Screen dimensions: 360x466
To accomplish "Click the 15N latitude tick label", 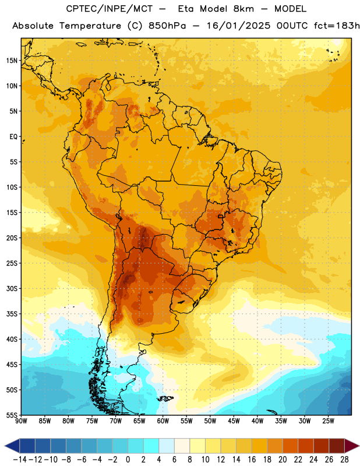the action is pyautogui.click(x=12, y=61).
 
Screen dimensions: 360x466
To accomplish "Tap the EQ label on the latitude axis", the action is pyautogui.click(x=13, y=137).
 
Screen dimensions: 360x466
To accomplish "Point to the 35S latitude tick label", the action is pyautogui.click(x=12, y=314).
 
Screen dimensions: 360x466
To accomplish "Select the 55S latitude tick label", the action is pyautogui.click(x=12, y=415).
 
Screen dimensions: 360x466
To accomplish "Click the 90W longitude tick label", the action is pyautogui.click(x=21, y=421).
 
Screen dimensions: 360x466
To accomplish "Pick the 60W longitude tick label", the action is pyautogui.click(x=163, y=421).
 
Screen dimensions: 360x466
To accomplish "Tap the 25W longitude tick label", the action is pyautogui.click(x=328, y=421).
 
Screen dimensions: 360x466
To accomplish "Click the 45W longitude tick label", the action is pyautogui.click(x=234, y=421).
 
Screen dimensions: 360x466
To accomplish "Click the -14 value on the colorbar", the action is pyautogui.click(x=20, y=460).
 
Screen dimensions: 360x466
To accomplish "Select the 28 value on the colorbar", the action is pyautogui.click(x=344, y=460).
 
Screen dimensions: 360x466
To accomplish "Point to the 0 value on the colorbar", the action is pyautogui.click(x=128, y=460).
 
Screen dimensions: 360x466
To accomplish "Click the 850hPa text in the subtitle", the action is pyautogui.click(x=167, y=26).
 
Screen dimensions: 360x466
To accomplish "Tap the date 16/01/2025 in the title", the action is pyautogui.click(x=238, y=26).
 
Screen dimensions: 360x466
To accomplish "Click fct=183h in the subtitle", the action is pyautogui.click(x=337, y=26).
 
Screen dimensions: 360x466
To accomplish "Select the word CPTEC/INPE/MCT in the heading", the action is pyautogui.click(x=109, y=9).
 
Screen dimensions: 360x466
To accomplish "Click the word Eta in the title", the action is pyautogui.click(x=186, y=9).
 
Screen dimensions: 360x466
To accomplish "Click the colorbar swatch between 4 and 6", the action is pyautogui.click(x=167, y=446).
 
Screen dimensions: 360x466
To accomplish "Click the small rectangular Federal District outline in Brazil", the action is pyautogui.click(x=221, y=216).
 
